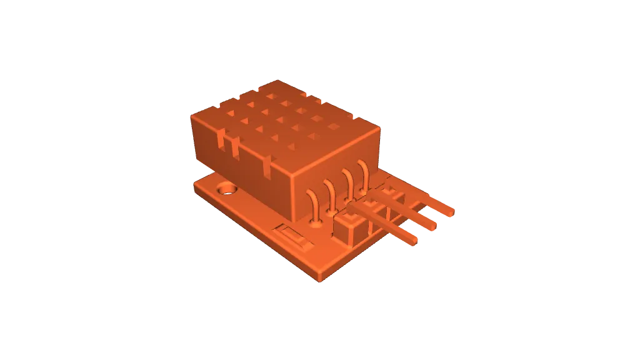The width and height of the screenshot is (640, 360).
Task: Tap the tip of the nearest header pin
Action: pos(413,239)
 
